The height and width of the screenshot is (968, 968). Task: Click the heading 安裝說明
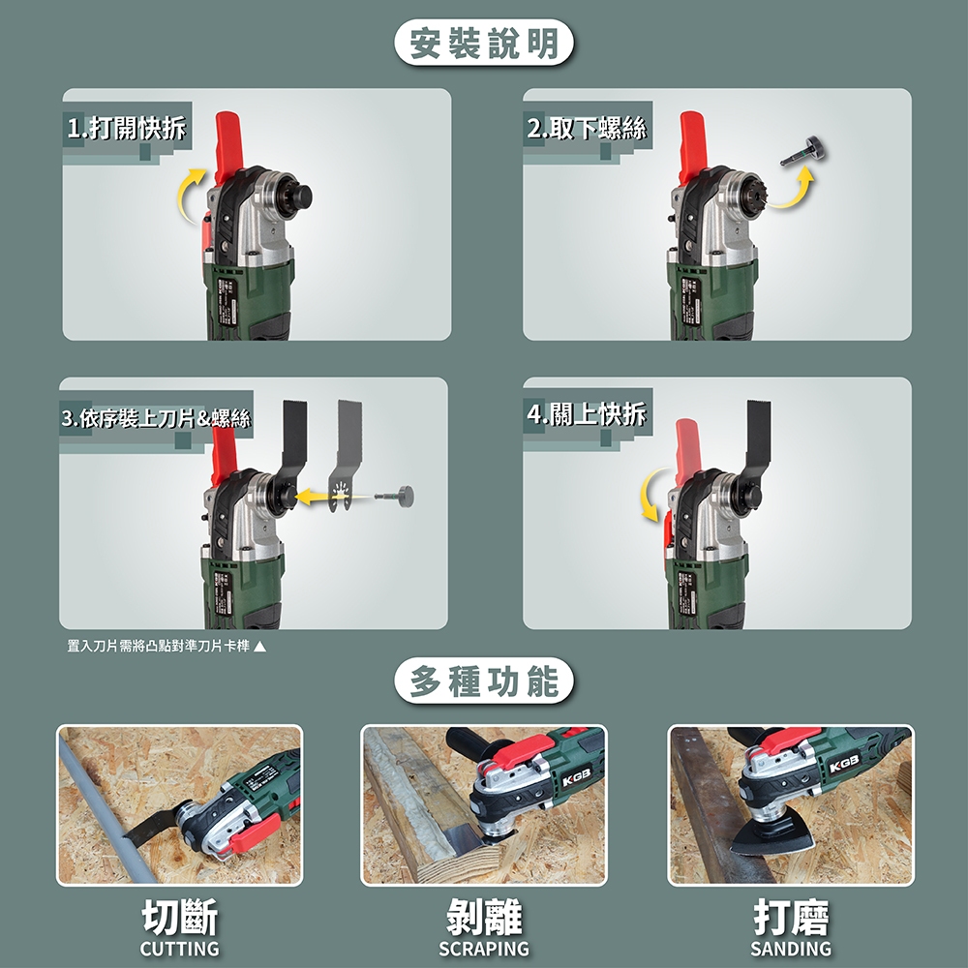(484, 44)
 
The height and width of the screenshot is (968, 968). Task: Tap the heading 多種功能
(484, 681)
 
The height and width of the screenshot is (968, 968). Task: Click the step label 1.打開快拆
(127, 128)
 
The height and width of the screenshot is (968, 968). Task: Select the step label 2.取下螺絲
(587, 128)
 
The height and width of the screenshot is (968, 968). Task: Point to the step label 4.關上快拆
(587, 413)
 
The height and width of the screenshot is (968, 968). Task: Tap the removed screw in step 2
(803, 152)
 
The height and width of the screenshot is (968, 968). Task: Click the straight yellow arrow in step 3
(333, 496)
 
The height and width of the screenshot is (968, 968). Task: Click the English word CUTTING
(180, 949)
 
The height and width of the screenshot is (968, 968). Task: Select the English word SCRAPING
(484, 949)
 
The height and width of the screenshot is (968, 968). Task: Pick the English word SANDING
(791, 949)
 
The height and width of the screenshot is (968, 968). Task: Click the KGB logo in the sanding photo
(843, 766)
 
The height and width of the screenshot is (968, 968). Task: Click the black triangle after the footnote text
(259, 647)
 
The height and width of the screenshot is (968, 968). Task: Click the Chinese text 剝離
(484, 918)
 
